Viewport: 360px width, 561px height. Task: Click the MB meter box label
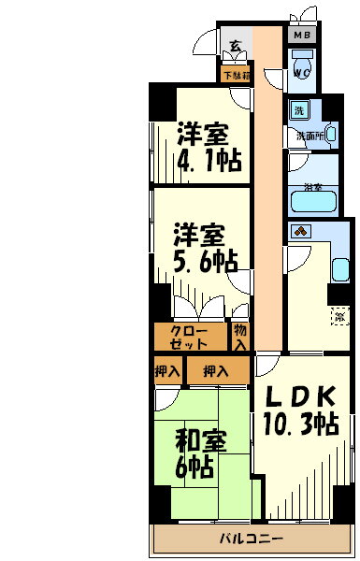click(x=302, y=36)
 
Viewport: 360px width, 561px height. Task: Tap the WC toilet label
click(x=302, y=71)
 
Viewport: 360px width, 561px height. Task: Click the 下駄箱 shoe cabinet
click(x=236, y=74)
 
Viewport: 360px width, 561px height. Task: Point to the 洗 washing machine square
click(x=299, y=110)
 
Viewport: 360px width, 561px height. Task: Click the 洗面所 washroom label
click(x=310, y=136)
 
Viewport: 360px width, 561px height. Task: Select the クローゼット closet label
click(x=190, y=337)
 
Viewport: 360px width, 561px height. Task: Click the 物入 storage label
click(x=240, y=337)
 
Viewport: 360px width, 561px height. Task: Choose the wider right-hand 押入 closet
click(x=216, y=371)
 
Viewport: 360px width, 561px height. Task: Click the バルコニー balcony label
click(x=252, y=539)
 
